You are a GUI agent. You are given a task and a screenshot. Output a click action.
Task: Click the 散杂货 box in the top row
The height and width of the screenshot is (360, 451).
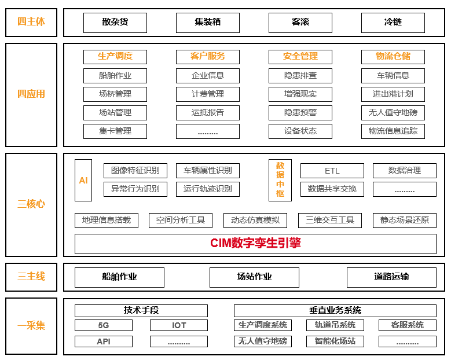pyautogui.click(x=115, y=23)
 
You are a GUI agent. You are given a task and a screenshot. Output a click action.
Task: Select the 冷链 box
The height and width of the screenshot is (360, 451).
pyautogui.click(x=393, y=23)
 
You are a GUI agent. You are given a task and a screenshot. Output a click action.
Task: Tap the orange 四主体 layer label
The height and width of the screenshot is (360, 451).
pyautogui.click(x=31, y=22)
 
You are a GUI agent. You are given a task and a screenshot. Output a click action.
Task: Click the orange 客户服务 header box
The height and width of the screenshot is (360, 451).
pyautogui.click(x=208, y=57)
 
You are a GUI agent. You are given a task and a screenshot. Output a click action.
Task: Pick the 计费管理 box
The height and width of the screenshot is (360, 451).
pyautogui.click(x=208, y=94)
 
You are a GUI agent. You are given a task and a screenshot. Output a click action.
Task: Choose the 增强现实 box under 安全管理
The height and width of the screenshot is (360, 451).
pyautogui.click(x=300, y=94)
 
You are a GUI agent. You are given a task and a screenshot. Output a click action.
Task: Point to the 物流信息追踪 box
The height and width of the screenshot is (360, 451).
pyautogui.click(x=393, y=131)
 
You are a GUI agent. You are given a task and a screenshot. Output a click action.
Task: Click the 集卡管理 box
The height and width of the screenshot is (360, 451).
pyautogui.click(x=115, y=131)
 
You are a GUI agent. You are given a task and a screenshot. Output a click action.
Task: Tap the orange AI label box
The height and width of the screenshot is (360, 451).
pyautogui.click(x=83, y=180)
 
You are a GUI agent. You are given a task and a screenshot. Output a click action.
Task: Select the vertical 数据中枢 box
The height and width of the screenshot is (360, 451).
pyautogui.click(x=280, y=180)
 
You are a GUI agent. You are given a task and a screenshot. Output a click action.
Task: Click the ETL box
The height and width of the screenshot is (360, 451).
pyautogui.click(x=332, y=171)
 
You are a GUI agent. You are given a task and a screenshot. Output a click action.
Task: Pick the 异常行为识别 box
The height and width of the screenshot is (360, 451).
pyautogui.click(x=135, y=189)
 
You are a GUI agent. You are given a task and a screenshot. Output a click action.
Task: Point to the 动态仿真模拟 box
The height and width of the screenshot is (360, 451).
pyautogui.click(x=255, y=221)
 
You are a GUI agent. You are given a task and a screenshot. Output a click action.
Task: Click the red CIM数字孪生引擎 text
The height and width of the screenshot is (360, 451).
pyautogui.click(x=255, y=243)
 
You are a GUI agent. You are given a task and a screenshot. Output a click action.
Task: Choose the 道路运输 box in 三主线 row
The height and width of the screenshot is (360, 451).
pyautogui.click(x=391, y=277)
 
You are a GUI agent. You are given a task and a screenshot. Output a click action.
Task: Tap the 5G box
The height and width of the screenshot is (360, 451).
pyautogui.click(x=104, y=325)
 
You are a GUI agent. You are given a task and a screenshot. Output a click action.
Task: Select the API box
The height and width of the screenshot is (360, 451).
pyautogui.click(x=104, y=341)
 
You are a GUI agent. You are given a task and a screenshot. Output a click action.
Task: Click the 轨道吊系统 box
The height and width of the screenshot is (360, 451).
pyautogui.click(x=335, y=325)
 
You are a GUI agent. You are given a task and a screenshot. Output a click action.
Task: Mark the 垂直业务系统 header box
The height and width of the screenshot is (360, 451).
pyautogui.click(x=335, y=311)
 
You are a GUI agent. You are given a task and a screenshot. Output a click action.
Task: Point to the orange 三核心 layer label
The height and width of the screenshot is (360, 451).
pyautogui.click(x=31, y=204)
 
